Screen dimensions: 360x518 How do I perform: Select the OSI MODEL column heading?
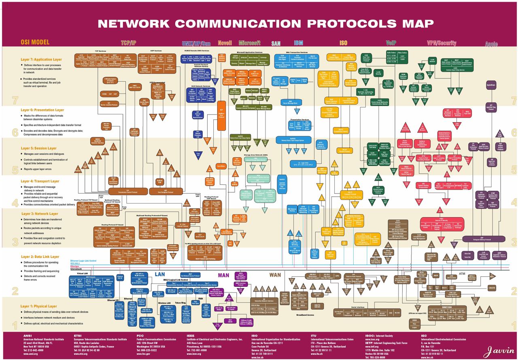point(35,42)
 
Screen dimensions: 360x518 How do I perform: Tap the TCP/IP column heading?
point(128,43)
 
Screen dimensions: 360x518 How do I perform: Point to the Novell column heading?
point(225,43)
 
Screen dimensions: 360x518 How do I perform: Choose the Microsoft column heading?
point(250,43)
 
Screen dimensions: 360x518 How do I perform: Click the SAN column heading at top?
point(276,43)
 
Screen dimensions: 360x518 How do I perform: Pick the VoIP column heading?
point(391,43)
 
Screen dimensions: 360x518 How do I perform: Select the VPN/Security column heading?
point(442,43)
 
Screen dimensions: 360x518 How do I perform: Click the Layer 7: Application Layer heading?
point(41,59)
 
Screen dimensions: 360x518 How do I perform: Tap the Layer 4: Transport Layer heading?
point(40,181)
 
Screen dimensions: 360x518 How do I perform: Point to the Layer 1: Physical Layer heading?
point(39,306)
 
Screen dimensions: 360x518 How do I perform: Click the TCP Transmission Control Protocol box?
point(127,191)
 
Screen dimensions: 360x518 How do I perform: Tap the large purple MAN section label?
point(223,275)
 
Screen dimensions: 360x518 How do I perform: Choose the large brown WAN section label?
point(275,275)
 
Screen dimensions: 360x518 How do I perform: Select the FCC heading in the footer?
point(140,336)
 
